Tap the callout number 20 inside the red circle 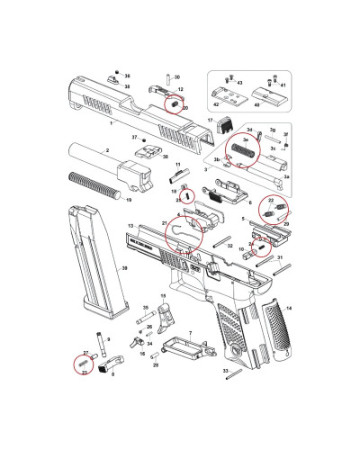click(185, 109)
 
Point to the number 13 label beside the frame click(131, 225)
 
